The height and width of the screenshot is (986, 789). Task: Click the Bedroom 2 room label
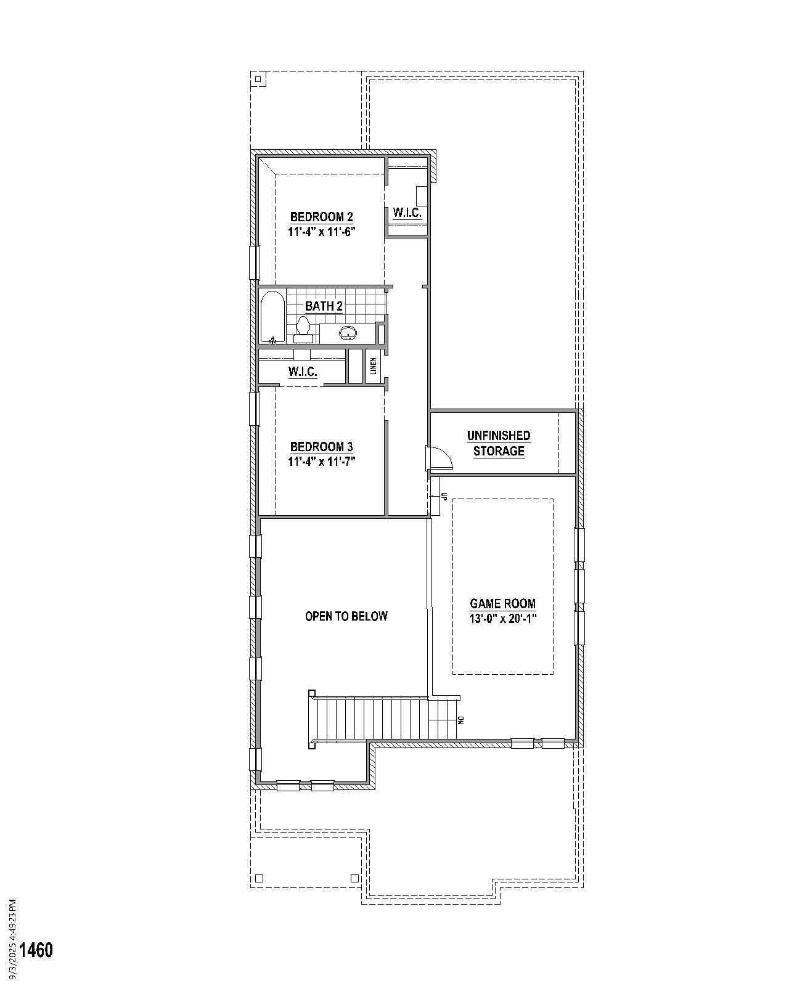[x=321, y=217]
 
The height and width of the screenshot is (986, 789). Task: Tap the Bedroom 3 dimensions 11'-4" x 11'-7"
[x=322, y=462]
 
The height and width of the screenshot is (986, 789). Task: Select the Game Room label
[x=502, y=604]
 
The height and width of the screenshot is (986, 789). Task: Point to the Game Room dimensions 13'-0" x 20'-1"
[x=502, y=619]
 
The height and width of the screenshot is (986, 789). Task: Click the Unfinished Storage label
[x=499, y=443]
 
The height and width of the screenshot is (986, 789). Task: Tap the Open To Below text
[x=346, y=616]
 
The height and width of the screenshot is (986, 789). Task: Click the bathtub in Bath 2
[x=272, y=317]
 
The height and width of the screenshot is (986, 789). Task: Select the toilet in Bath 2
[x=303, y=329]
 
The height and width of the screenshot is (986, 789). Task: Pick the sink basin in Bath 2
[x=348, y=334]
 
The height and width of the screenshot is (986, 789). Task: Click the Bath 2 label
[x=324, y=306]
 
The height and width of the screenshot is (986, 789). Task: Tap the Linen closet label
[x=374, y=367]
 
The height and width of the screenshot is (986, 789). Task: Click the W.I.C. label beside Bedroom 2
[x=407, y=213]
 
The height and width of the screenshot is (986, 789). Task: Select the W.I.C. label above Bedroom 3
[x=303, y=372]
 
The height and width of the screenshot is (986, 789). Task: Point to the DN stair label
[x=460, y=719]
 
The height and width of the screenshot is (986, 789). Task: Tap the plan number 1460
[x=36, y=950]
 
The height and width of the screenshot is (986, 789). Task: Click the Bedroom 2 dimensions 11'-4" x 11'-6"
[x=322, y=232]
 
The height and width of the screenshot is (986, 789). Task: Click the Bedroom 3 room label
[x=321, y=447]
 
